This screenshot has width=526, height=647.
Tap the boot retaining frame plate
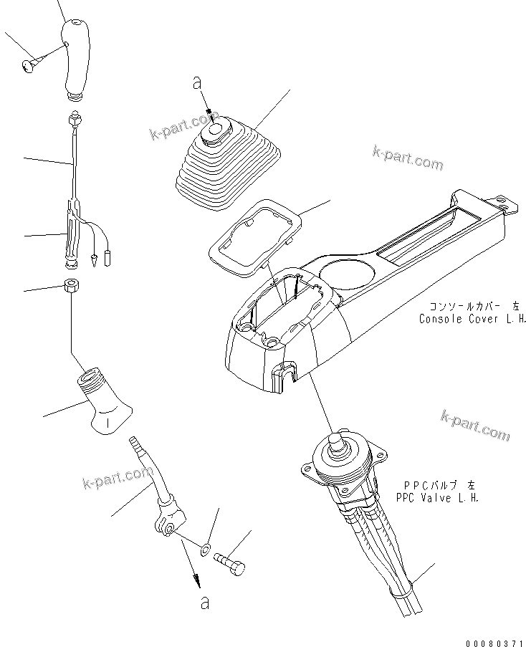click(x=254, y=234)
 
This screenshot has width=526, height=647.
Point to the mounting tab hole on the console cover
click(x=507, y=206)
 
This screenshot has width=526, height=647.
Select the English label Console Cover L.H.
click(x=473, y=319)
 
